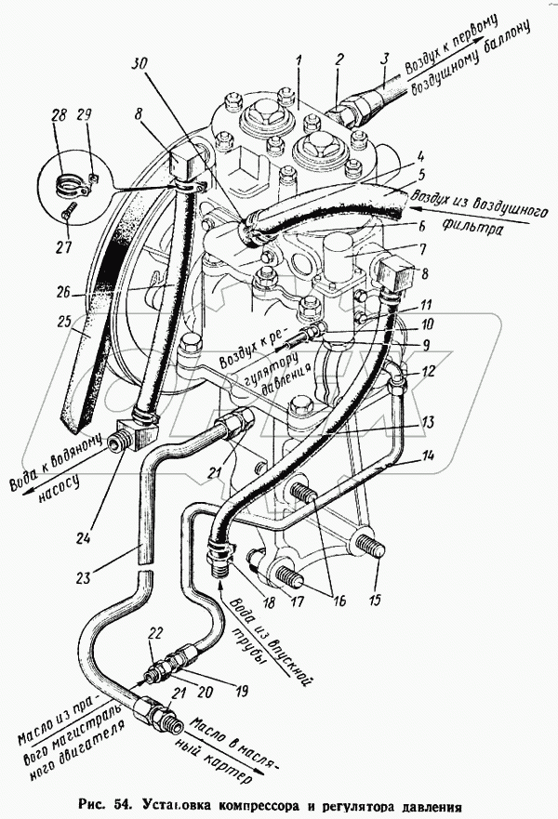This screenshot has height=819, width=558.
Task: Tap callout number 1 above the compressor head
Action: (299, 61)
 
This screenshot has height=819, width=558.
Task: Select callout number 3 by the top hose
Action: (384, 60)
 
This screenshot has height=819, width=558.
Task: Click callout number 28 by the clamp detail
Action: (60, 115)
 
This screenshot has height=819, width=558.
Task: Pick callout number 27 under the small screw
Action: (63, 246)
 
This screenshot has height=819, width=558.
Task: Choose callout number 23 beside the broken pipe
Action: (82, 577)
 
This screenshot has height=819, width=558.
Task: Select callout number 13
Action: (429, 422)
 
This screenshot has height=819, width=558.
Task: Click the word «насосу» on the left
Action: (59, 490)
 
